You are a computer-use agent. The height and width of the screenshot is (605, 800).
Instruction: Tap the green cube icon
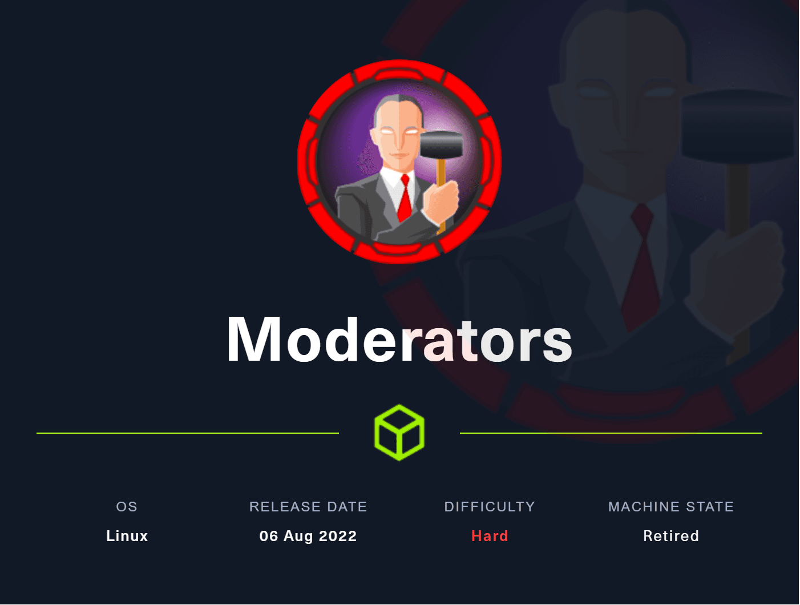399,433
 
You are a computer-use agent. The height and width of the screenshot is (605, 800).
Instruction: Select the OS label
127,507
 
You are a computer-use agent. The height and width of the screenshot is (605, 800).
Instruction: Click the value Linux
127,536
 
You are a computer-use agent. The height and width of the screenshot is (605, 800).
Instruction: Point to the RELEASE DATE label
308,507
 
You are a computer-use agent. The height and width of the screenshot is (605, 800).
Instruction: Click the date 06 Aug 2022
308,536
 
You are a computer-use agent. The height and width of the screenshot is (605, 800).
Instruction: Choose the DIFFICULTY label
490,507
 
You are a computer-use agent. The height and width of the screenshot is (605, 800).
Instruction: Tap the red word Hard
490,536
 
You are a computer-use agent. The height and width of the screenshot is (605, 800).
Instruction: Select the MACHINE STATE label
671,507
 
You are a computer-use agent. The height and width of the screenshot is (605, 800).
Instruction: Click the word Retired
671,536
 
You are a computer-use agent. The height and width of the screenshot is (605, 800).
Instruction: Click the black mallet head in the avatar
442,145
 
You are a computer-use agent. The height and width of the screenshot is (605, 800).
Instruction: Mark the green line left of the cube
188,433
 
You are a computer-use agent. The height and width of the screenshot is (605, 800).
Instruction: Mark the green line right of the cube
611,433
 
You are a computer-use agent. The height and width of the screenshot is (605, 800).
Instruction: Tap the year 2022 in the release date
337,536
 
